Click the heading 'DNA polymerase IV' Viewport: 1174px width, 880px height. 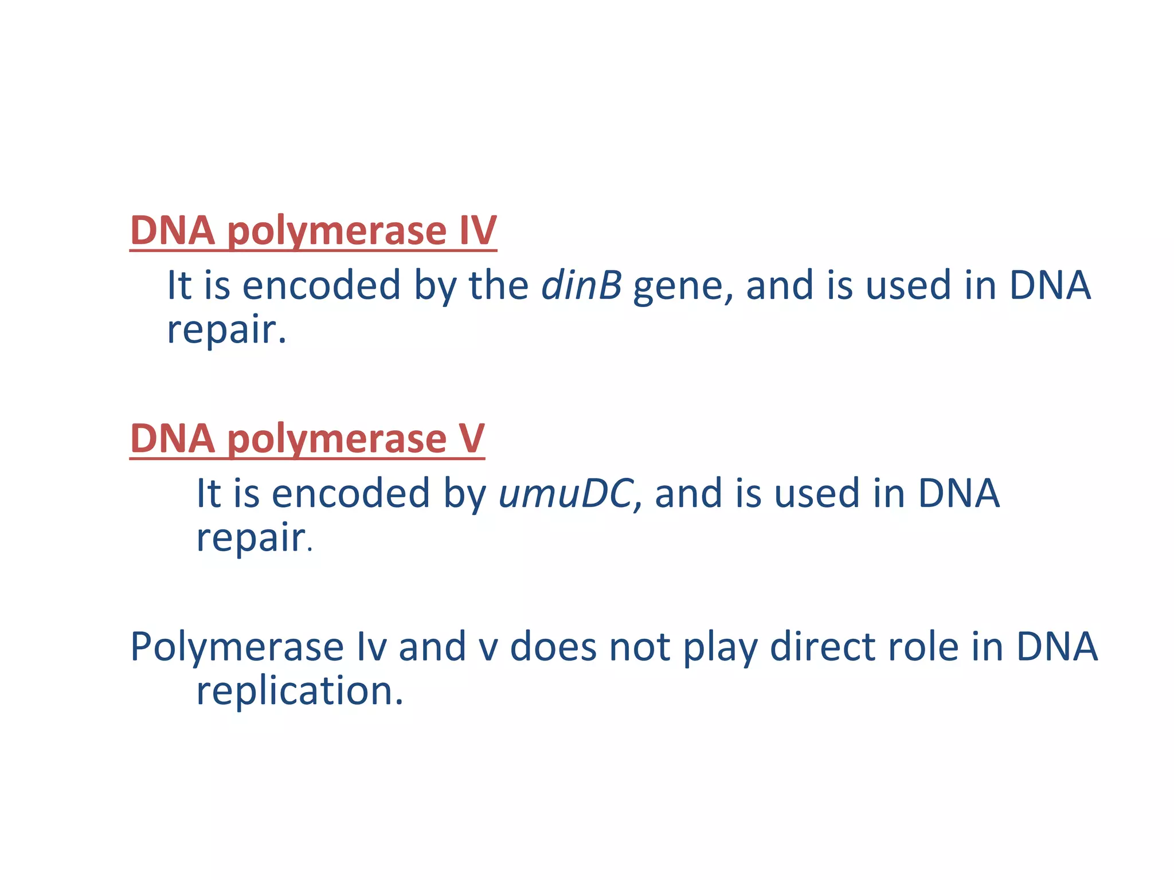tap(313, 230)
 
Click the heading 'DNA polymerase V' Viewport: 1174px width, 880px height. tap(307, 439)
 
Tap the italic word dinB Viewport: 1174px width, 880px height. tap(581, 285)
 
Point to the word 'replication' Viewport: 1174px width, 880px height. tap(299, 691)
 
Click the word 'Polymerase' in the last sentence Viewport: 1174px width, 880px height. tap(236, 647)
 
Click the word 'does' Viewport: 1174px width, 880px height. tap(553, 646)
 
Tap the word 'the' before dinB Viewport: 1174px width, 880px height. tap(499, 285)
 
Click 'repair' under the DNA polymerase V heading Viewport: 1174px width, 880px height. tap(251, 539)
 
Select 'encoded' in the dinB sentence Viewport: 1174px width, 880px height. tap(321, 285)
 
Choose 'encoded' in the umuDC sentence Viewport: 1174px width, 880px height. tap(350, 493)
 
